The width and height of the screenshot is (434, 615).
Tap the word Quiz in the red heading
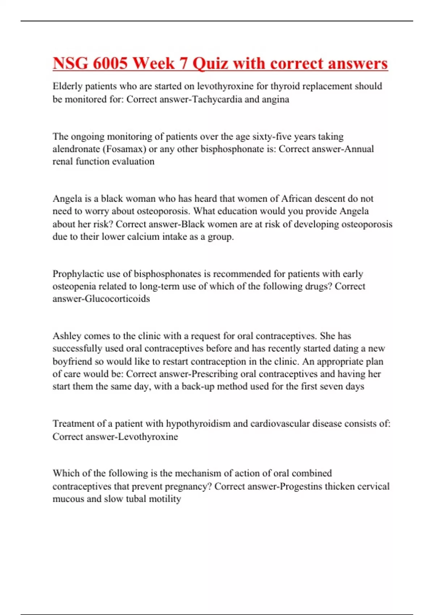coord(210,64)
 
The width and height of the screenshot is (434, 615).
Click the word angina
coord(275,100)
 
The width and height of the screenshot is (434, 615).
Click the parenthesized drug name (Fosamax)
coord(125,149)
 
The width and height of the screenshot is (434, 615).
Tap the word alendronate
coord(76,149)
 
